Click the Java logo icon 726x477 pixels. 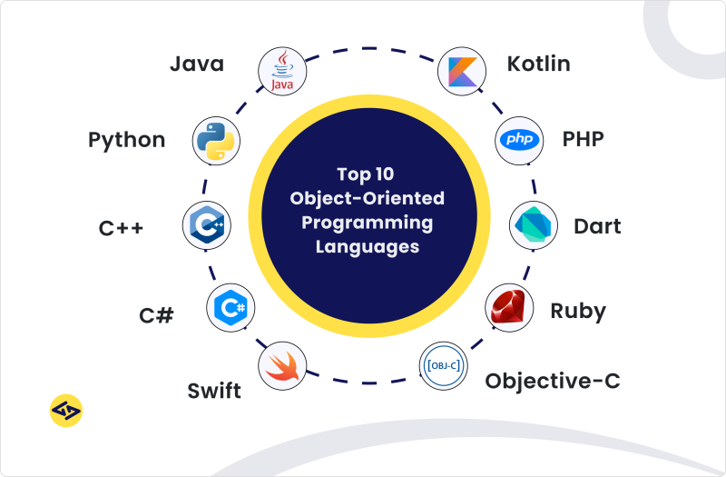click(281, 71)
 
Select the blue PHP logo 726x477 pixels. click(519, 139)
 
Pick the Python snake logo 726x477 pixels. click(215, 140)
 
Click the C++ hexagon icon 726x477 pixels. click(206, 224)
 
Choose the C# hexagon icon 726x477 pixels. click(230, 307)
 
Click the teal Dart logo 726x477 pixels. click(531, 225)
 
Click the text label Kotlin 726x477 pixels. click(538, 65)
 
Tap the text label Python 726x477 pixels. click(127, 141)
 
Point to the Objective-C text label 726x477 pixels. click(553, 381)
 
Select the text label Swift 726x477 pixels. click(214, 392)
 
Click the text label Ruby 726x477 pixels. click(578, 311)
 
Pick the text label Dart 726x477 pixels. click(597, 226)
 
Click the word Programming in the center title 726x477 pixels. click(367, 222)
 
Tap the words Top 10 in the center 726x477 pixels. click(367, 174)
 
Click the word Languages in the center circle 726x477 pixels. click(367, 245)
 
